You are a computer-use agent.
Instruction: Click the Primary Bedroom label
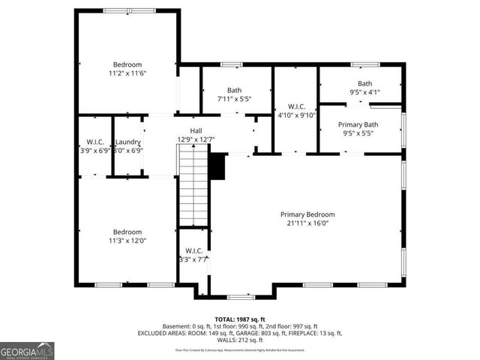(307, 214)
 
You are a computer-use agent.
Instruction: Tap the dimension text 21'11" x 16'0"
(307, 223)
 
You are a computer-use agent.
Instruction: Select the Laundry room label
(127, 141)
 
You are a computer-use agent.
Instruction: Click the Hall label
(196, 130)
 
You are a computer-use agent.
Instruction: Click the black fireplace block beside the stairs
(217, 166)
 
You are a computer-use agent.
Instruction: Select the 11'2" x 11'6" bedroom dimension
(127, 74)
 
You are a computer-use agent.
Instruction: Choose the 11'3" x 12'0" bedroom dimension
(127, 241)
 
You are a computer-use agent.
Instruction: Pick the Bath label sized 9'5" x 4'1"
(364, 83)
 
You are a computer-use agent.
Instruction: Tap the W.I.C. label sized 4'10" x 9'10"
(295, 106)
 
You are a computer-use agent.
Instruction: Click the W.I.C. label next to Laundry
(95, 141)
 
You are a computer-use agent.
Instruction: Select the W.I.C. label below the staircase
(193, 250)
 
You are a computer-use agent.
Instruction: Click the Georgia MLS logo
(27, 349)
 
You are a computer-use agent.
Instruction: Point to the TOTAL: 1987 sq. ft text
(239, 319)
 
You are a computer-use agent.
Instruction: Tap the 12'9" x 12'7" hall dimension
(196, 139)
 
